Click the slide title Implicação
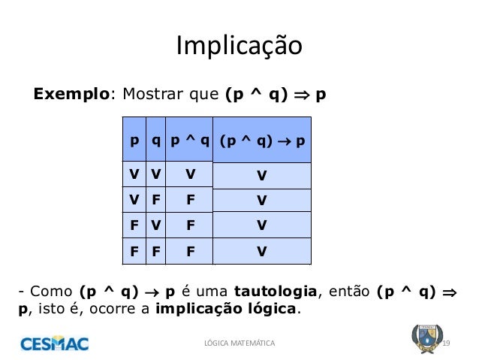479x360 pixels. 239,47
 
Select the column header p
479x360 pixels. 134,140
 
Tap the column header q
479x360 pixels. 155,140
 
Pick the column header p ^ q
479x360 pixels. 189,140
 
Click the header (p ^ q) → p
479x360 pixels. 262,141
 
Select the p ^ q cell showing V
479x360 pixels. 191,174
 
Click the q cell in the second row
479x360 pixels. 155,200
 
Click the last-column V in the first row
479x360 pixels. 261,176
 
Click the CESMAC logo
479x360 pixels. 54,344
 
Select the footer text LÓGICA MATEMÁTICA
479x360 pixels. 239,343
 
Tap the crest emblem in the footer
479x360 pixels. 424,339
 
